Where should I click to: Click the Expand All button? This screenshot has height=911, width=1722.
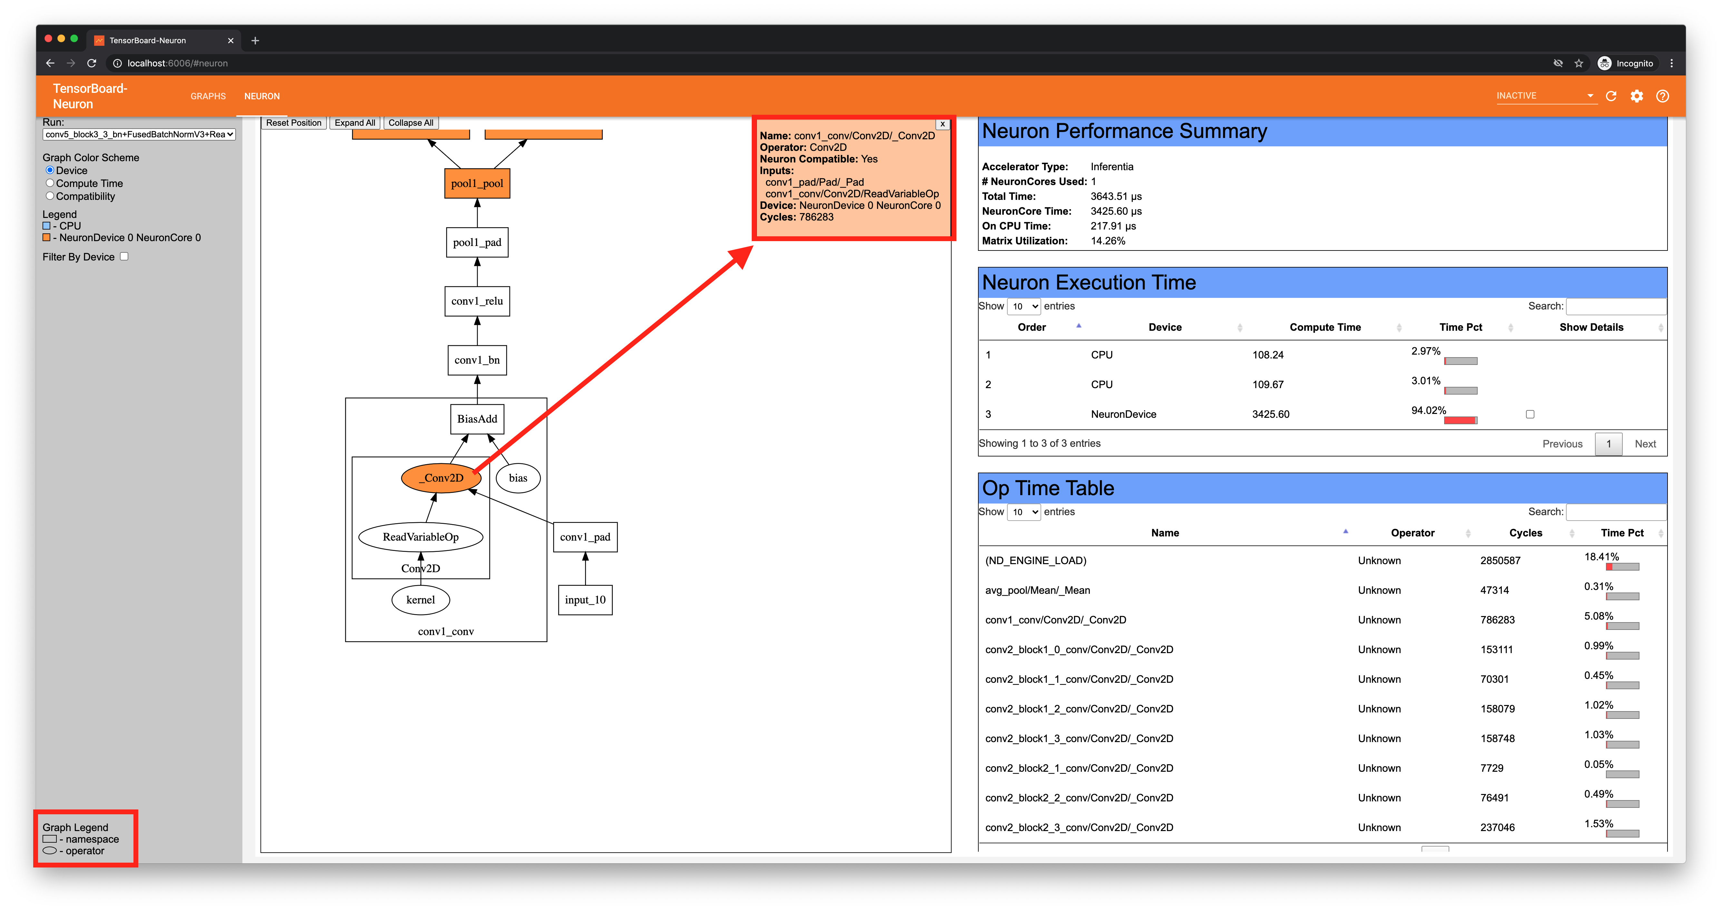pos(354,123)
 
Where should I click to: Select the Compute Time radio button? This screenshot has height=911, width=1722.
pos(50,183)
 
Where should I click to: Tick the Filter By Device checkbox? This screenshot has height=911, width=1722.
pos(124,257)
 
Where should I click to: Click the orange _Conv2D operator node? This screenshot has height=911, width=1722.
pos(441,478)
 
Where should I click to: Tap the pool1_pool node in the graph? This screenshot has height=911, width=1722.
pos(477,184)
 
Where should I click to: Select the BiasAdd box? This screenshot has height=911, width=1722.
pos(477,419)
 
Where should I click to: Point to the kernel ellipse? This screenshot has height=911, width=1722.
pos(420,600)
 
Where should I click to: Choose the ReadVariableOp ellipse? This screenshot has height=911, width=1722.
pos(420,537)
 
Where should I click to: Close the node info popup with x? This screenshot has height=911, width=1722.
pos(942,124)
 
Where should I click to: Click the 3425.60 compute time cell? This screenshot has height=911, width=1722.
pos(1270,414)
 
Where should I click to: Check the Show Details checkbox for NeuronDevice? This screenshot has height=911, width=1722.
pos(1530,414)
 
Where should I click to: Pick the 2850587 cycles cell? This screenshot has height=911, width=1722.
pos(1500,561)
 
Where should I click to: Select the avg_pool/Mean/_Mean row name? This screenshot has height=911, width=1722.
pos(1037,590)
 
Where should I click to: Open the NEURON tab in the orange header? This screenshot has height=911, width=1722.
pos(261,96)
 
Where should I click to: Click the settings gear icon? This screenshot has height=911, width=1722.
pos(1637,96)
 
